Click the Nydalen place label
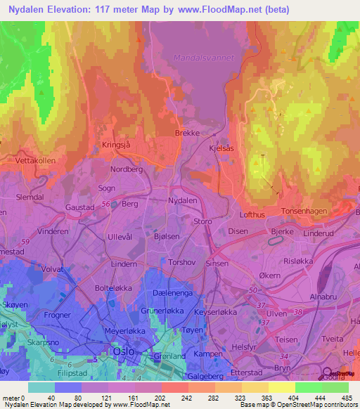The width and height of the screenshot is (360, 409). point(182,200)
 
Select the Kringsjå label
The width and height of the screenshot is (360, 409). point(116,143)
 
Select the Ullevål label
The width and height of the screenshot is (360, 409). point(119,238)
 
